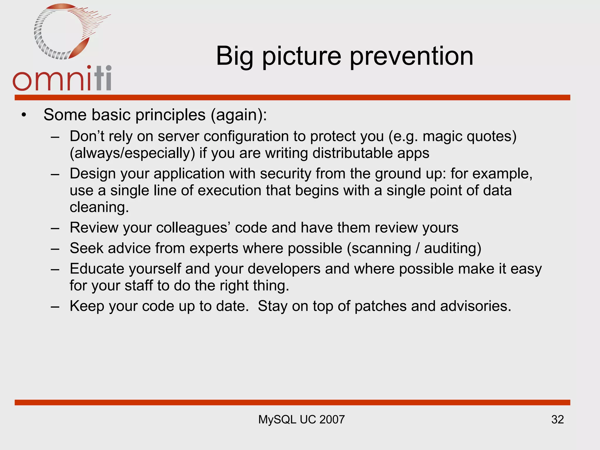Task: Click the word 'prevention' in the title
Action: pos(411,56)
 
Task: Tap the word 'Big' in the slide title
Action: pos(234,56)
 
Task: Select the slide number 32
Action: pos(557,420)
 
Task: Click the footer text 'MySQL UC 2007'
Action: pos(301,420)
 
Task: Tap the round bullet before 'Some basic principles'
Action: pos(24,115)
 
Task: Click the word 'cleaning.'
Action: pos(99,207)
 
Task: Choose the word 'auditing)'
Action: pos(453,248)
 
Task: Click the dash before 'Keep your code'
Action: pos(55,306)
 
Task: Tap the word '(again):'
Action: pos(239,115)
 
